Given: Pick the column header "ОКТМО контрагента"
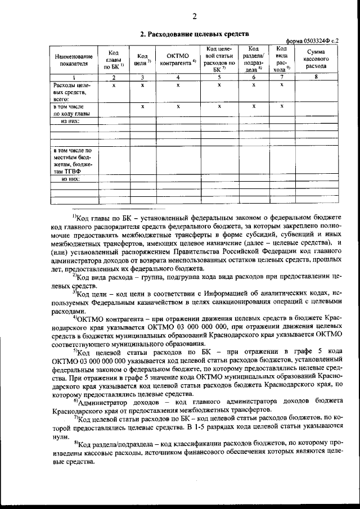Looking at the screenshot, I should point(177,60).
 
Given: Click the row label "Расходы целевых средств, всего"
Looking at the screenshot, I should point(71,91).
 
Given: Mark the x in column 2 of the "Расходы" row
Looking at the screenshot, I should point(114,85).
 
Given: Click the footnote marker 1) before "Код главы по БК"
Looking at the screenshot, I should point(74,217).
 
